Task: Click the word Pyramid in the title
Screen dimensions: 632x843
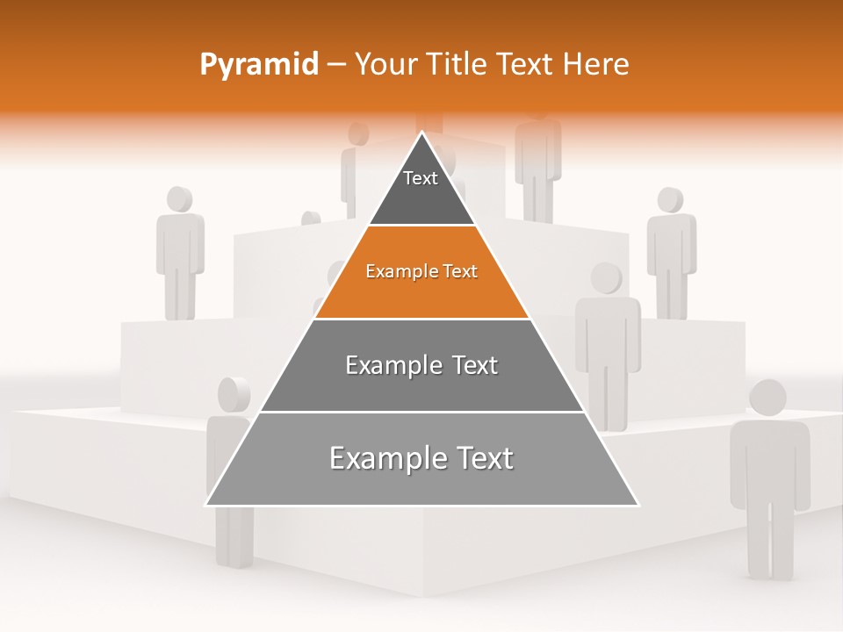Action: coord(259,65)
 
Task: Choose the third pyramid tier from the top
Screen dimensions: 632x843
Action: coord(421,366)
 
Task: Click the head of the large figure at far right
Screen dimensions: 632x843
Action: coord(767,398)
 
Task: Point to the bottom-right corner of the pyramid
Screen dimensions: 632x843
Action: coord(638,505)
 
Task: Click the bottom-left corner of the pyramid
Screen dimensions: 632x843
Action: coord(206,505)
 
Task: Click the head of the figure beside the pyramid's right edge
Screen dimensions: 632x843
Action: coord(606,278)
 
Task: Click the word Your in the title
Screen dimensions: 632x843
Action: coord(385,65)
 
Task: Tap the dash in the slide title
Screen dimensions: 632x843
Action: coord(336,65)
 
